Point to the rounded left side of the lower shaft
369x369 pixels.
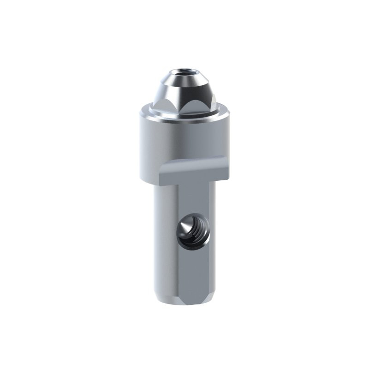[x=164, y=240]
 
